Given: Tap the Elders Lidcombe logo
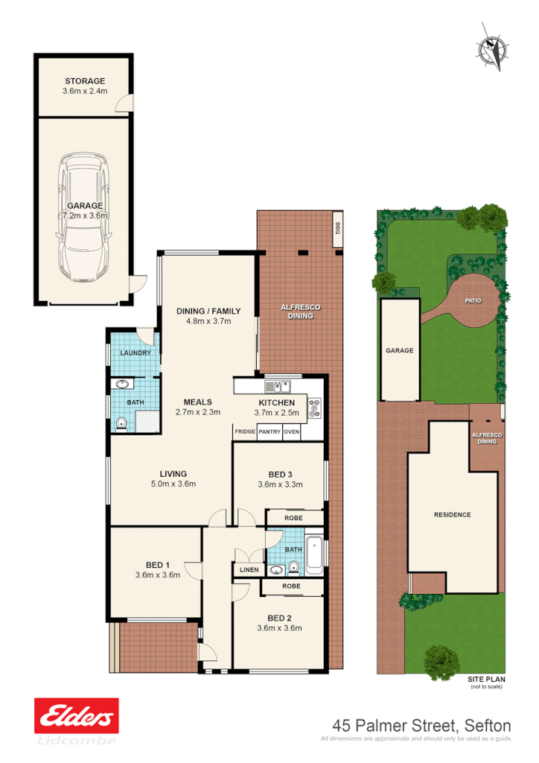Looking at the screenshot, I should click(x=77, y=720).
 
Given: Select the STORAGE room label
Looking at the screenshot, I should click(x=85, y=80).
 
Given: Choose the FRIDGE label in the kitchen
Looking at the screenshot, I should click(x=245, y=431).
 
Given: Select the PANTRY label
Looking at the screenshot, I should click(x=269, y=431).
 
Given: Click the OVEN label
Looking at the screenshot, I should click(x=292, y=431).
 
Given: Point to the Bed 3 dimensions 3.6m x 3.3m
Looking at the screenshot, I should click(x=278, y=485).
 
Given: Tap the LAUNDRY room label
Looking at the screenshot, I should click(x=135, y=353).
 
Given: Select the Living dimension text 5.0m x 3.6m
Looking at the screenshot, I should click(x=173, y=484).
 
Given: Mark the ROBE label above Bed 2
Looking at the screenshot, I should click(x=292, y=586).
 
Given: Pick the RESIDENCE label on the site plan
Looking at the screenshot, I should click(x=452, y=515).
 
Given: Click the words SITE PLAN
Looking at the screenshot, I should click(x=486, y=680).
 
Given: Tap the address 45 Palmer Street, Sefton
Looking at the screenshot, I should click(x=421, y=724).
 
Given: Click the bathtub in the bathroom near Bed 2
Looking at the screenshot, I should click(x=313, y=554).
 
